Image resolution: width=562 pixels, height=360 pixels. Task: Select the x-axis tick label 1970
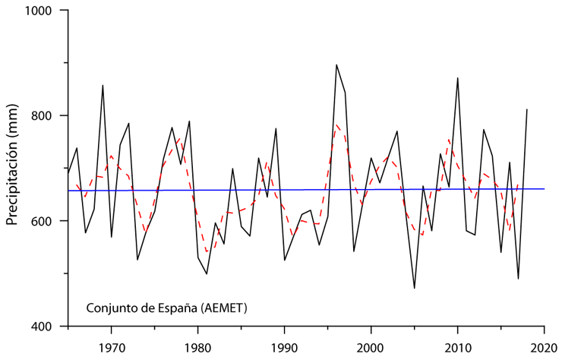coord(111,343)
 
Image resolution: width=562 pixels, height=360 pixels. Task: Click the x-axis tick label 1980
coord(197,343)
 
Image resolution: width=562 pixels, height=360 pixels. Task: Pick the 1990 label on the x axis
coord(284,343)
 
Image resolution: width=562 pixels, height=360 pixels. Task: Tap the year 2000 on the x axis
coord(371,343)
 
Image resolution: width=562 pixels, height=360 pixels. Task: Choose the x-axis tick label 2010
coord(457,343)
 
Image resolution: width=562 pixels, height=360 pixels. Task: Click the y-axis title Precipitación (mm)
coord(13,169)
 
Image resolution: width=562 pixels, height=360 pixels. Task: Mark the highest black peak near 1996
coord(336,65)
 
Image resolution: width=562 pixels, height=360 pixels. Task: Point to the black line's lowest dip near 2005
coord(414,289)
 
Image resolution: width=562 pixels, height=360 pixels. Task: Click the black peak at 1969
coord(103,85)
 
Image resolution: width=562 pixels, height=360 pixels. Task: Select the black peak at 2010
coord(457,77)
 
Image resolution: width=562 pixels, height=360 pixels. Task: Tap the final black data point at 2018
coord(527,109)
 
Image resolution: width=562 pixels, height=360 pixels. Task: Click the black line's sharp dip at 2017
coord(518,279)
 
